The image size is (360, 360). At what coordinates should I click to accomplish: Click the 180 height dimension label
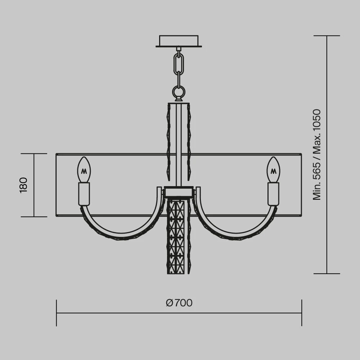pyautogui.click(x=23, y=185)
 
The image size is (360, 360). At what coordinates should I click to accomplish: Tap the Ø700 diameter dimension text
pyautogui.click(x=179, y=303)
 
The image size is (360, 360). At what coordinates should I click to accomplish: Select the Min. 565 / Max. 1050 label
pyautogui.click(x=316, y=154)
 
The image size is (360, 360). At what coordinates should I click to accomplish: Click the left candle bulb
pyautogui.click(x=84, y=170)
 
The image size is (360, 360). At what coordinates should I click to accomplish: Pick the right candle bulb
pyautogui.click(x=273, y=170)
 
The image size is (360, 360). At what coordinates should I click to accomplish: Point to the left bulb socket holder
pyautogui.click(x=84, y=194)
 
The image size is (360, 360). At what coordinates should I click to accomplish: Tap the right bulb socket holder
pyautogui.click(x=273, y=194)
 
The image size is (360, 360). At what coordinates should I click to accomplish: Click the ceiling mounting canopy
pyautogui.click(x=179, y=41)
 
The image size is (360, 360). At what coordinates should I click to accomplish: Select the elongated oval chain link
pyautogui.click(x=179, y=64)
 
